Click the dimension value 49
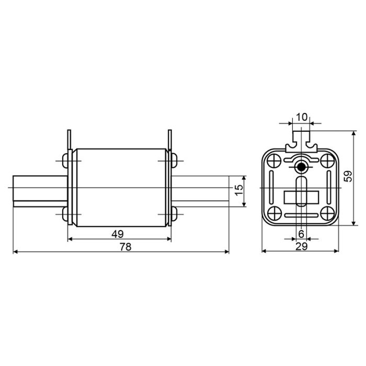(x=118, y=234)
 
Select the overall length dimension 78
(x=125, y=247)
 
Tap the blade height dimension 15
(x=238, y=190)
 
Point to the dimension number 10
(x=302, y=117)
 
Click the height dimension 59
(x=348, y=176)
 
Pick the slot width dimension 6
(x=301, y=234)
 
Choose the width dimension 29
(x=302, y=246)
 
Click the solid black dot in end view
(x=301, y=167)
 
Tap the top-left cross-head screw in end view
(x=274, y=161)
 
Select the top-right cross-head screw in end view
(x=328, y=161)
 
